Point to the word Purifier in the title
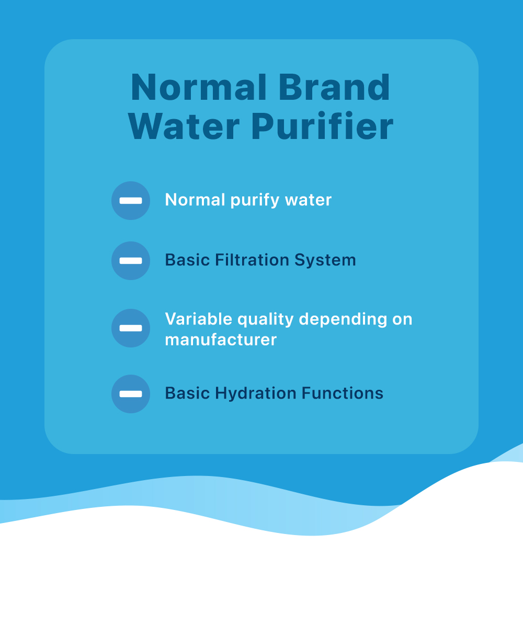pos(322,126)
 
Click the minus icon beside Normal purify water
pos(131,201)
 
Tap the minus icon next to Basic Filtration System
pos(131,261)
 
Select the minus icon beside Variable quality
pos(131,328)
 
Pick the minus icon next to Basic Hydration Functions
pos(131,394)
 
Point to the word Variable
pos(199,319)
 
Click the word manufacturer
pos(221,340)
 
